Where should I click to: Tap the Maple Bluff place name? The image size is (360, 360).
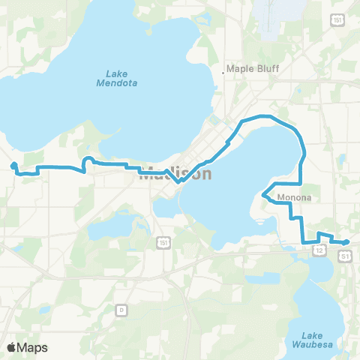[253, 69]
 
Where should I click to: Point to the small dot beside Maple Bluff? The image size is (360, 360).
[223, 73]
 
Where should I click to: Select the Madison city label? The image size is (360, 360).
[175, 173]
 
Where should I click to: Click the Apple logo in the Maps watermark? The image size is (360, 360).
[12, 347]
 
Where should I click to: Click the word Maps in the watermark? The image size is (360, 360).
[32, 347]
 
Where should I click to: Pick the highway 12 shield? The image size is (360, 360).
[319, 249]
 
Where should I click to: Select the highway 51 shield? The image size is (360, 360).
[344, 256]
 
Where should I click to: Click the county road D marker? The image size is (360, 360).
[121, 309]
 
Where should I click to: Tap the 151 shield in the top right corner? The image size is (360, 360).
[339, 20]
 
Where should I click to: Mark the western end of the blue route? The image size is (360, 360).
[14, 166]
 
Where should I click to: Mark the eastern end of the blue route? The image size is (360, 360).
[346, 241]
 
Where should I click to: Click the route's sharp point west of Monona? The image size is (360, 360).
[263, 196]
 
